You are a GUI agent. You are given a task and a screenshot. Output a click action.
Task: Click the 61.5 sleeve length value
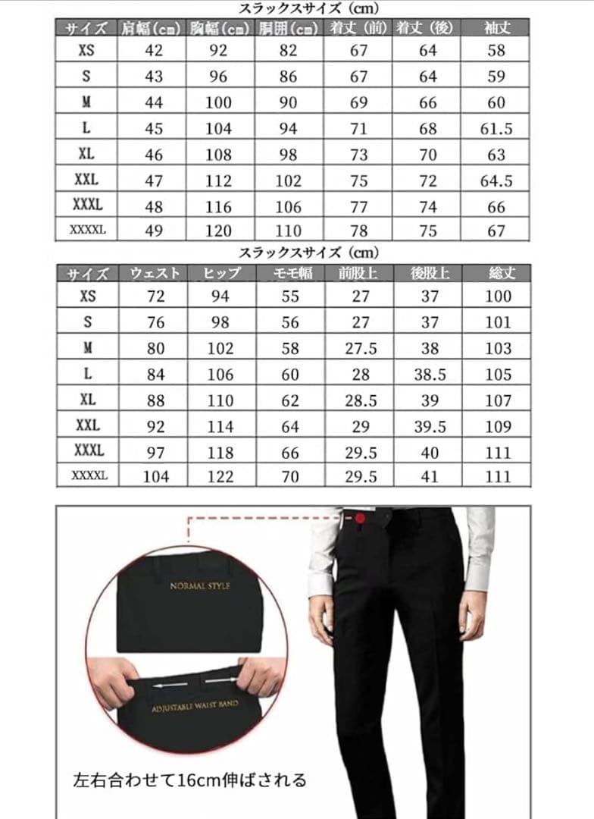pos(496,129)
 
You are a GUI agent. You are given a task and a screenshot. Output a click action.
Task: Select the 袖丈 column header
pos(496,28)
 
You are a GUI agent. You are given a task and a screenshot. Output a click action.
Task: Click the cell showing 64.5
pos(496,180)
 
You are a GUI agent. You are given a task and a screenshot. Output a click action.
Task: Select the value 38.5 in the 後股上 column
pos(430,375)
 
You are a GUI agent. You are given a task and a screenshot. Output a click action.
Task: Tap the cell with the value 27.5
pos(361,349)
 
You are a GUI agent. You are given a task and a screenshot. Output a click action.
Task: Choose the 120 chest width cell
pos(219,231)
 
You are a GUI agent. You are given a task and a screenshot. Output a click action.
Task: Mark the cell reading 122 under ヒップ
pos(220,476)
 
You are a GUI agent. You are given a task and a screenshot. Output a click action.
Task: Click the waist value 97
pos(155,451)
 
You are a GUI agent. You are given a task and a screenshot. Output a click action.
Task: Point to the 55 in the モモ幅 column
pos(290,297)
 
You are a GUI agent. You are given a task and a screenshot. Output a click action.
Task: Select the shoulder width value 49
pos(154,231)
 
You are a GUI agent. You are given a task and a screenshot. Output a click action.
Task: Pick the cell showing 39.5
pos(430,426)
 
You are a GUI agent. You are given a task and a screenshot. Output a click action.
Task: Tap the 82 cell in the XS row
pos(289,51)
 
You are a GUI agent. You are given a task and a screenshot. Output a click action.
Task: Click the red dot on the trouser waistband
pos(360,518)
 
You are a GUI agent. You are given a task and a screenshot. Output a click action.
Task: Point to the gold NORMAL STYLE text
pos(199,586)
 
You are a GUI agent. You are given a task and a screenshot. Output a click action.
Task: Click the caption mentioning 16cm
pos(190,780)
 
